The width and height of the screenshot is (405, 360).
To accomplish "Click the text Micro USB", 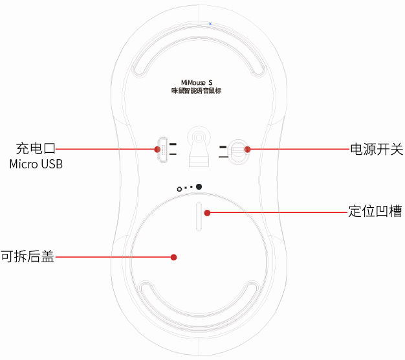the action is pyautogui.click(x=36, y=164).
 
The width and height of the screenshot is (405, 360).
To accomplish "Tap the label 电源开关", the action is pyautogui.click(x=376, y=149).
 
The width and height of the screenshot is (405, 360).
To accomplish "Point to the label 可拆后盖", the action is pyautogui.click(x=27, y=257).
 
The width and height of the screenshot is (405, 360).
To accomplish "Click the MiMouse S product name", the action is pyautogui.click(x=201, y=83).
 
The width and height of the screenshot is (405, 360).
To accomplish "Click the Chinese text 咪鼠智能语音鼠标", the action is pyautogui.click(x=201, y=92).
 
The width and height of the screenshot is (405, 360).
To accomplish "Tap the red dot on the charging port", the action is pyautogui.click(x=157, y=149).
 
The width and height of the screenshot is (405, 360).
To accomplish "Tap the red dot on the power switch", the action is pyautogui.click(x=247, y=149).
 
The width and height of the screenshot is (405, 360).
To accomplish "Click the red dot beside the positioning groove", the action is pyautogui.click(x=207, y=212).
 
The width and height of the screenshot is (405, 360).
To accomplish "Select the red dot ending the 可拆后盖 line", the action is pyautogui.click(x=173, y=257).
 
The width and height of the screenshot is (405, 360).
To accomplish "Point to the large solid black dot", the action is pyautogui.click(x=199, y=187).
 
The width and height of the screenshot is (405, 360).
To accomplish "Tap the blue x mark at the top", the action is pyautogui.click(x=210, y=23).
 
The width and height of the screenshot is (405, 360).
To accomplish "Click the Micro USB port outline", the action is pyautogui.click(x=163, y=150).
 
